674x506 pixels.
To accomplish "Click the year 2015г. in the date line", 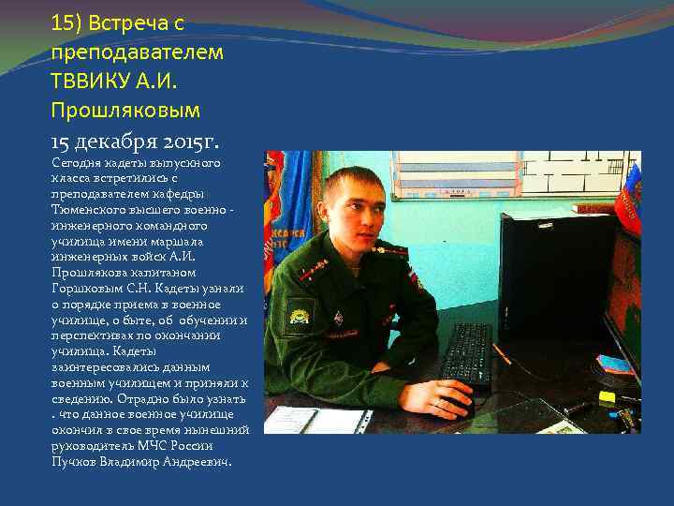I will (x=190, y=141).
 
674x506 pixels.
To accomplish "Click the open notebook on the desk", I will (x=317, y=421).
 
